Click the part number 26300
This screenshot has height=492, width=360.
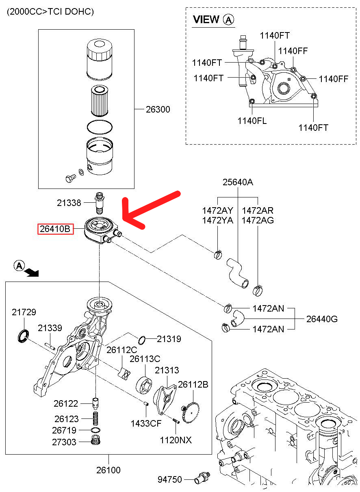[x=158, y=109]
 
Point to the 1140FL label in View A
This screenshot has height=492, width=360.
[x=252, y=121]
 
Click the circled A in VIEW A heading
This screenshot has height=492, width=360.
[x=229, y=19]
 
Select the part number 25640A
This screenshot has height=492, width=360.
[x=238, y=182]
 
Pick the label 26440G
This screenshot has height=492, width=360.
[x=322, y=319]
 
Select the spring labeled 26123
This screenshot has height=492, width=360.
[x=96, y=418]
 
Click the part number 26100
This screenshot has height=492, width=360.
[x=108, y=470]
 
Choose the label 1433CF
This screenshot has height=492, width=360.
[x=145, y=423]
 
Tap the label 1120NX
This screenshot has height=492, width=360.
[x=176, y=440]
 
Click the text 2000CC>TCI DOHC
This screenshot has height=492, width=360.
[x=50, y=12]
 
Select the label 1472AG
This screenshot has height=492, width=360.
[x=258, y=221]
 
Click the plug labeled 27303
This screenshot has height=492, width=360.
[x=96, y=441]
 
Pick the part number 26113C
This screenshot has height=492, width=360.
[x=145, y=359]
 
